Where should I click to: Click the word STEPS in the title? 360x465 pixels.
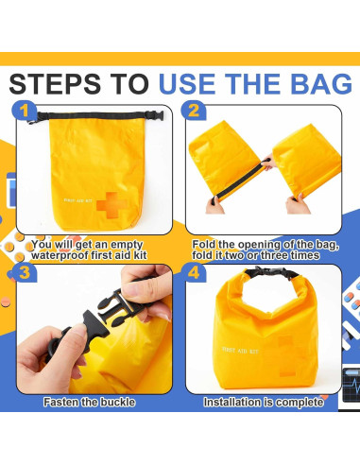pos(59,84)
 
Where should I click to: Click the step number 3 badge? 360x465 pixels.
pos(26,275)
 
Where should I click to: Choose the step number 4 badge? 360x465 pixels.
pos(194,275)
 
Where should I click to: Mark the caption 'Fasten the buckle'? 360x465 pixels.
pos(89,402)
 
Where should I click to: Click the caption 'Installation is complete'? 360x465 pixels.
pos(264,402)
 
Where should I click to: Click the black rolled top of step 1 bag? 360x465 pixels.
pos(94,118)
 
